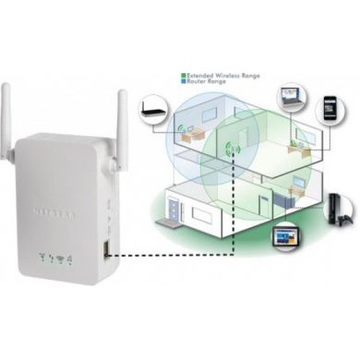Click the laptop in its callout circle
tap(289, 90)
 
